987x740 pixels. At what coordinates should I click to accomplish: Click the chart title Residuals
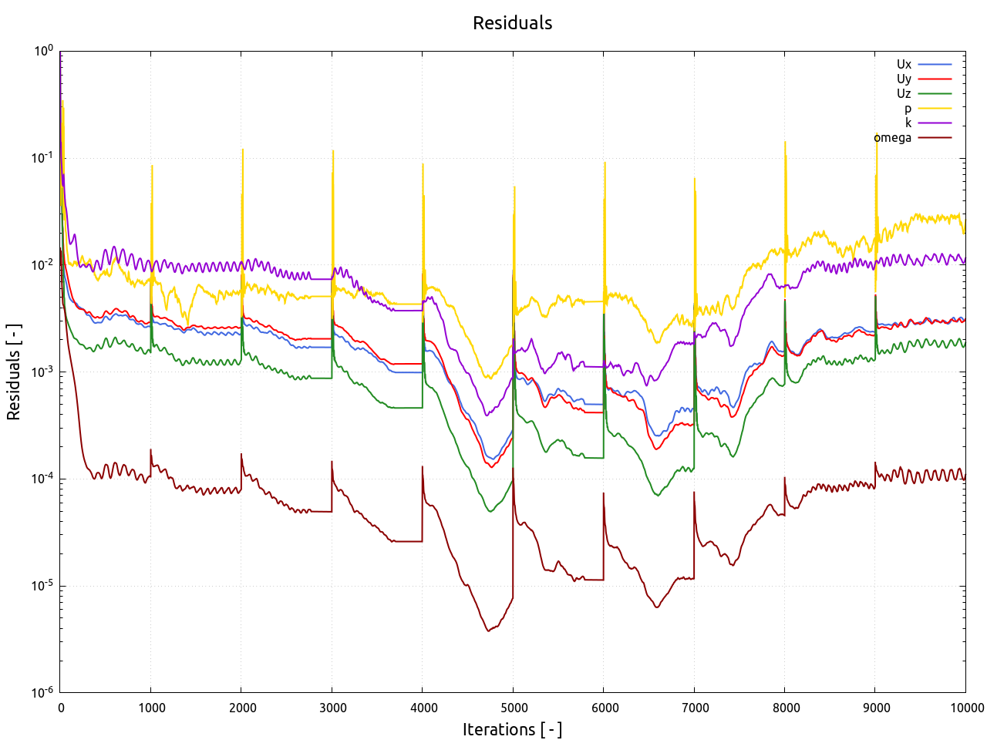click(512, 23)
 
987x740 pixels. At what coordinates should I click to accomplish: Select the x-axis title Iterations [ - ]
click(512, 729)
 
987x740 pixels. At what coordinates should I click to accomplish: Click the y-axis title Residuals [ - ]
click(14, 372)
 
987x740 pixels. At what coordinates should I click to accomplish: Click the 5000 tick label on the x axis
click(514, 708)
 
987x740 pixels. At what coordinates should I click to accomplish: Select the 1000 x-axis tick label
click(152, 708)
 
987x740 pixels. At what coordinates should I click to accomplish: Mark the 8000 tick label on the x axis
click(786, 708)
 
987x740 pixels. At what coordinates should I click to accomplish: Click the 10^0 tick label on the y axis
click(43, 51)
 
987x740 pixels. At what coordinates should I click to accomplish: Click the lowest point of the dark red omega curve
click(487, 631)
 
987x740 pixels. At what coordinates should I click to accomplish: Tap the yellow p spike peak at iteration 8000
click(785, 143)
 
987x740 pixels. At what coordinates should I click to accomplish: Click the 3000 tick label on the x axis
click(333, 708)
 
